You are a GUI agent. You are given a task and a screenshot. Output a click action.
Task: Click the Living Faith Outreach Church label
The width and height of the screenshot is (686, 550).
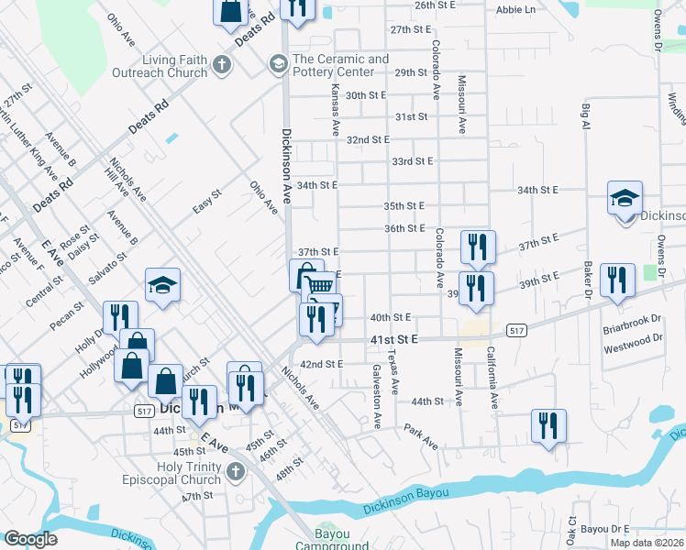[160, 66]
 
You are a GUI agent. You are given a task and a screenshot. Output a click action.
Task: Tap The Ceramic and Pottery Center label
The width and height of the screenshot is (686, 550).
[340, 66]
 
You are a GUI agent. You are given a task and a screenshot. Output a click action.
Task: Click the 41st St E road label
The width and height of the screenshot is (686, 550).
[393, 340]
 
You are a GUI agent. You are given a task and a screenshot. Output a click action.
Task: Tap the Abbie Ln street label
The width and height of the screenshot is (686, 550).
[515, 9]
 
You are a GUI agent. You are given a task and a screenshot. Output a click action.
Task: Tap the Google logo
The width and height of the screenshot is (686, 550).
[30, 539]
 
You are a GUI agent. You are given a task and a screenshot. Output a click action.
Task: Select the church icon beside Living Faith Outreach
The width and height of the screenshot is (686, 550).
[221, 65]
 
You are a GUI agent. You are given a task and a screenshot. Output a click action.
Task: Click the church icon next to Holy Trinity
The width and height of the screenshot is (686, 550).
[236, 472]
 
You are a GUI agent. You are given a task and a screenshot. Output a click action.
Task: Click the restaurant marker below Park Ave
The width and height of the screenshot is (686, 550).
[548, 425]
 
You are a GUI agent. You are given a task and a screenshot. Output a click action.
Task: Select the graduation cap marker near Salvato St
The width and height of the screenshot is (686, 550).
[162, 284]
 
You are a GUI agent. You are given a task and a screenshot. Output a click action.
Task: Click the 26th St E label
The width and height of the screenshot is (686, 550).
[436, 5]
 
